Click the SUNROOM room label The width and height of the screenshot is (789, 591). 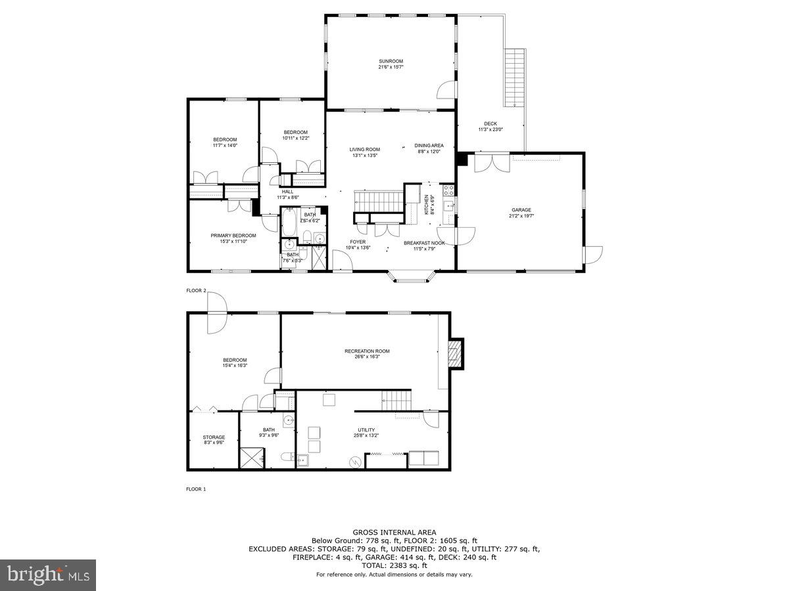[x=391, y=61]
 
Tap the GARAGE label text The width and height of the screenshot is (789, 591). [x=521, y=210]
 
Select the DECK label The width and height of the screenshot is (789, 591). [x=490, y=123]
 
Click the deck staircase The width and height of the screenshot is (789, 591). [x=515, y=77]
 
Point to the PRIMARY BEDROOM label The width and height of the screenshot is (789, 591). [x=233, y=235]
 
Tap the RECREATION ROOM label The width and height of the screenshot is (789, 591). [x=367, y=351]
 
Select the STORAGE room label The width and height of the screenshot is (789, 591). [x=214, y=437]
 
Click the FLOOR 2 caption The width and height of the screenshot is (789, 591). [x=196, y=290]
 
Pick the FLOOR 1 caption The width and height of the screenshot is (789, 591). [x=196, y=489]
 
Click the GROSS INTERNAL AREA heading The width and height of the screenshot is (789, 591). [x=394, y=532]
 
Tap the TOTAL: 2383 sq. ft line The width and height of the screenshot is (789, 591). [x=394, y=565]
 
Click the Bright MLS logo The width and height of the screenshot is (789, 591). [x=48, y=575]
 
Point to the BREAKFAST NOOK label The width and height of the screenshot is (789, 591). [x=424, y=243]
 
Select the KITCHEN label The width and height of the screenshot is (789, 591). [x=427, y=204]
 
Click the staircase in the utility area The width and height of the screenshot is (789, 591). [x=396, y=397]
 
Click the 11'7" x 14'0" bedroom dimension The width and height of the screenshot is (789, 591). [x=225, y=145]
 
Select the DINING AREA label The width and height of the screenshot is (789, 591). [x=429, y=145]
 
